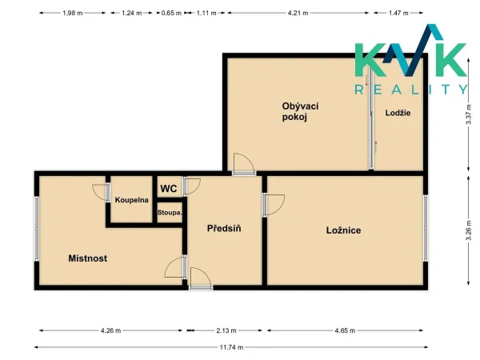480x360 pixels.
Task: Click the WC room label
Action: coord(169,188)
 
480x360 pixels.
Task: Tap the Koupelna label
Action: coord(132,200)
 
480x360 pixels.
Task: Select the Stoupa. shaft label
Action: coord(170,212)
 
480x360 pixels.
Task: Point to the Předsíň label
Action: coord(224,228)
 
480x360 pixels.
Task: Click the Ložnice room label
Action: coord(343,230)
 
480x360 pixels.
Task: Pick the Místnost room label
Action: coord(88,258)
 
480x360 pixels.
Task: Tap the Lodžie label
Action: coord(398,113)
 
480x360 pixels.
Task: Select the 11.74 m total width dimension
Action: coord(231,347)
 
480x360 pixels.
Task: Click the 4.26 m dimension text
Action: coord(111,330)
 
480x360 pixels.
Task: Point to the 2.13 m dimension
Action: coord(226,330)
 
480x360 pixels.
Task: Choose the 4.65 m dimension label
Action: coord(345,330)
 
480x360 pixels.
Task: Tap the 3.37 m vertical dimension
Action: coord(468,114)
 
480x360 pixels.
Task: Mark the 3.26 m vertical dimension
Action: coord(468,230)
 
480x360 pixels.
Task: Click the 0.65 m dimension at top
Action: coord(171,13)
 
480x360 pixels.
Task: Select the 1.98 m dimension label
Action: coord(73,13)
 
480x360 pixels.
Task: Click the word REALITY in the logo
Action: coord(411,90)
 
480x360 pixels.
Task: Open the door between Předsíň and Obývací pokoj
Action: coord(244,164)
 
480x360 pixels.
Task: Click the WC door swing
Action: coord(192,186)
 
